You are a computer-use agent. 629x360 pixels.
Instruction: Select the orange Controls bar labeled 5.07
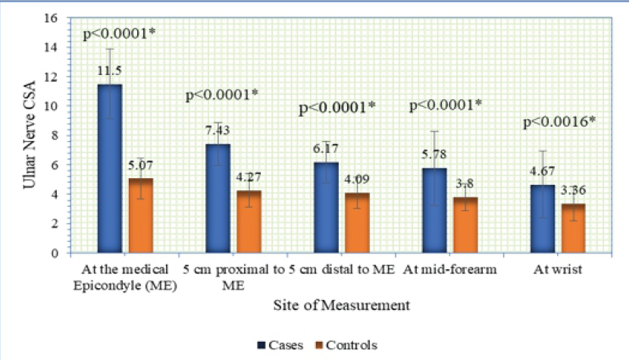tap(139, 215)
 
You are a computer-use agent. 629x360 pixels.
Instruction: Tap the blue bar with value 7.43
tap(218, 198)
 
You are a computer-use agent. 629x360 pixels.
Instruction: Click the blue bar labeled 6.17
tap(327, 207)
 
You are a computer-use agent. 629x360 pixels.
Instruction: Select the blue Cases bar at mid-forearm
tap(434, 210)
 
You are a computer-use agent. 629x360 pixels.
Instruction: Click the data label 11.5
tap(110, 70)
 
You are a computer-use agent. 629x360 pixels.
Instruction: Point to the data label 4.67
tap(543, 173)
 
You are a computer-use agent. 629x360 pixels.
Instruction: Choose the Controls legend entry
tap(348, 345)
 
